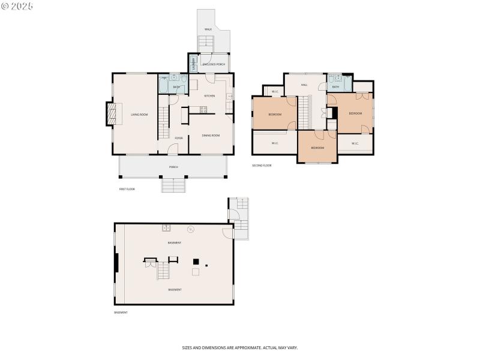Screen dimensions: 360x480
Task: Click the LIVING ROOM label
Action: tap(139, 115)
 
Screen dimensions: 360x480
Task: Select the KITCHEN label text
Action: tap(209, 96)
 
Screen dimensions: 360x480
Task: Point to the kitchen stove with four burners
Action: tap(203, 110)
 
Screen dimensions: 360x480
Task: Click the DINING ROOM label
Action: tap(211, 136)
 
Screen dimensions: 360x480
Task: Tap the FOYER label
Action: tap(179, 138)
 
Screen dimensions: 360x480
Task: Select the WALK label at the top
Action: tap(208, 29)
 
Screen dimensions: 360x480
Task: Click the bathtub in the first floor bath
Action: tap(164, 84)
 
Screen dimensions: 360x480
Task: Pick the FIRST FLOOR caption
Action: tap(127, 189)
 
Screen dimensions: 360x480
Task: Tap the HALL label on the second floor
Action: tap(304, 85)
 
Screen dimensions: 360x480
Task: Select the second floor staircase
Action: tap(304, 112)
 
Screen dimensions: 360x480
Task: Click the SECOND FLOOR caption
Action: tap(262, 165)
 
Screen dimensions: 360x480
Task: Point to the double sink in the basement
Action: tap(166, 228)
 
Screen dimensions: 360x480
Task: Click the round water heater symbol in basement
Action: tap(191, 229)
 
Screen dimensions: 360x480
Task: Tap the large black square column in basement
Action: tap(196, 261)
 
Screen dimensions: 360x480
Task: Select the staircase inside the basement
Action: tap(163, 271)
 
